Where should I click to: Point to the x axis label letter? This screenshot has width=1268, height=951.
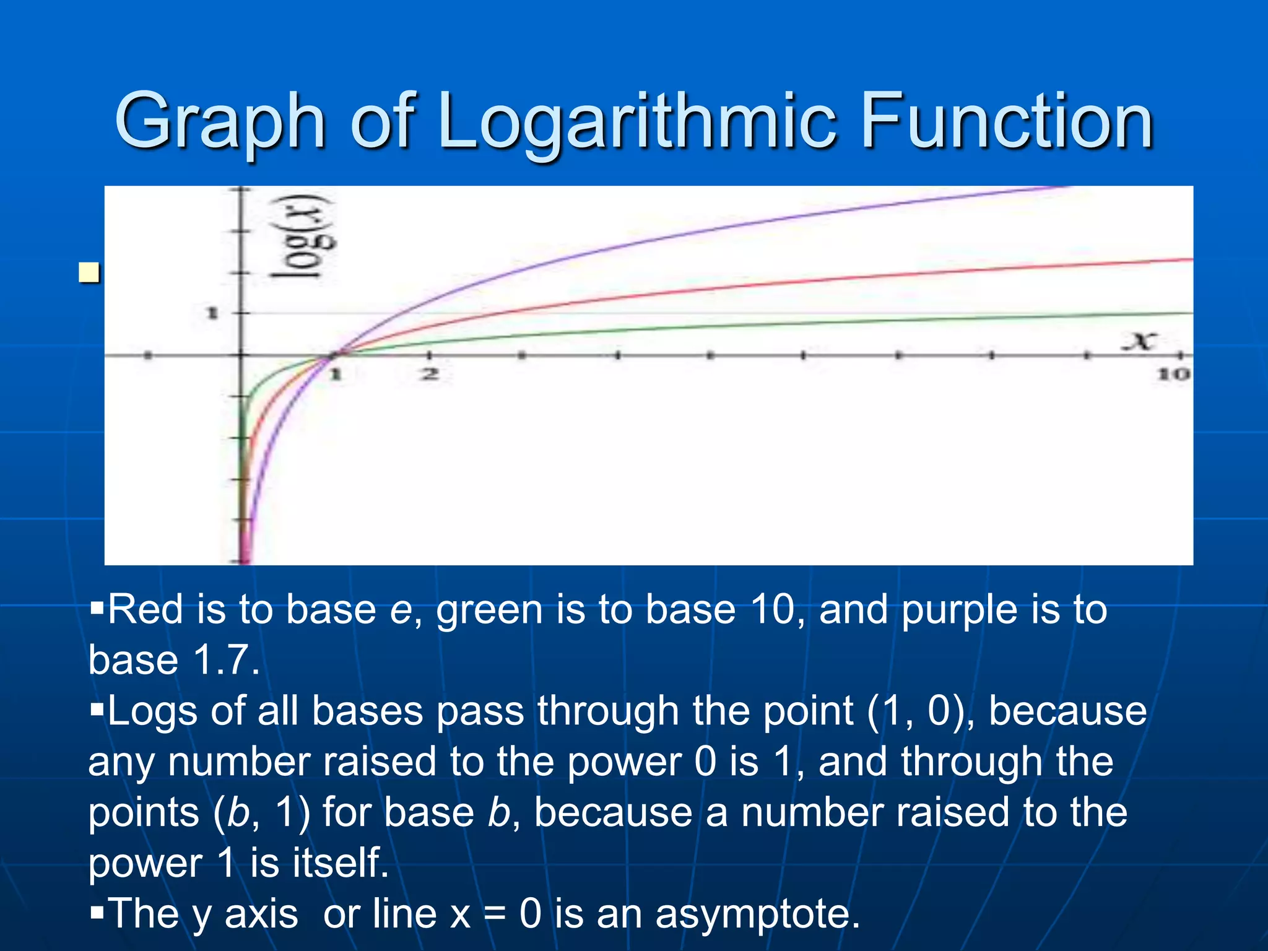(x=1140, y=341)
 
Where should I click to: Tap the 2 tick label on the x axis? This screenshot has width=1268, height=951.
(x=430, y=374)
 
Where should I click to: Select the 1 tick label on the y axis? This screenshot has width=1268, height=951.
(x=212, y=313)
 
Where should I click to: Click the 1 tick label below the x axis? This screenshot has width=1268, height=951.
(x=335, y=374)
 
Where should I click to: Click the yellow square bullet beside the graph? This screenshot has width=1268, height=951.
(x=89, y=272)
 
